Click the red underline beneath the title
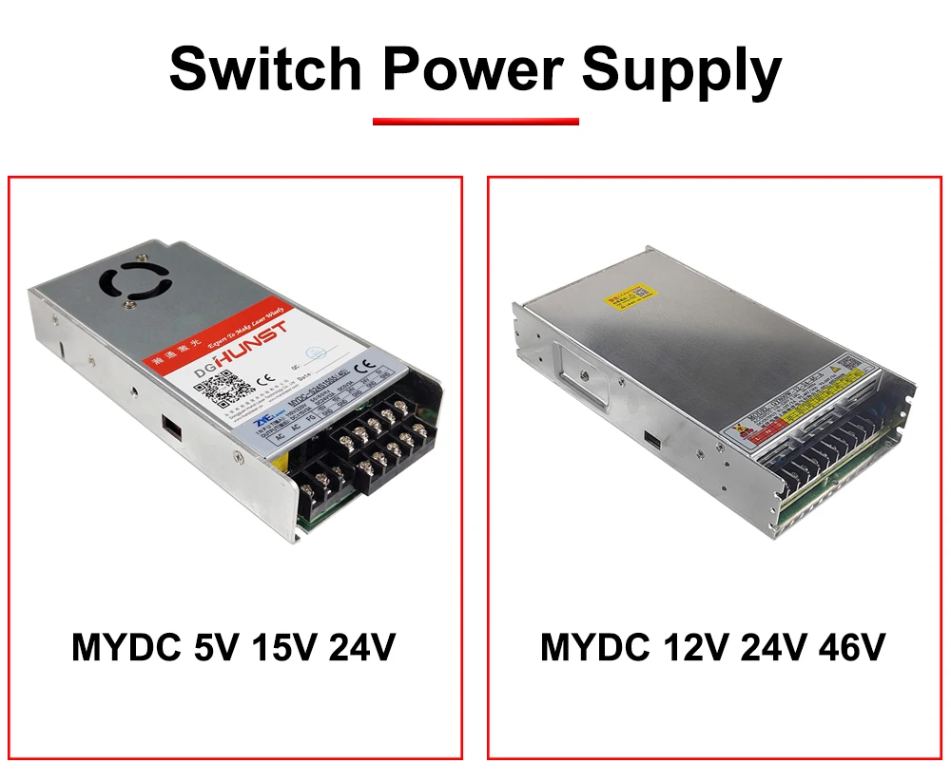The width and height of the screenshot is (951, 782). [x=475, y=122]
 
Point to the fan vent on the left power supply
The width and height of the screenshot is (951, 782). [x=137, y=281]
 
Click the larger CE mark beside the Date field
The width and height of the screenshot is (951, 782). [x=364, y=369]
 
